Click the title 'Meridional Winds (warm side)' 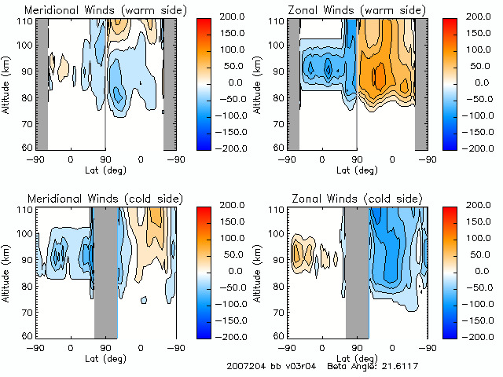pos(94,10)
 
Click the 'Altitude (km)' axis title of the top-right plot pos(257,82)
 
